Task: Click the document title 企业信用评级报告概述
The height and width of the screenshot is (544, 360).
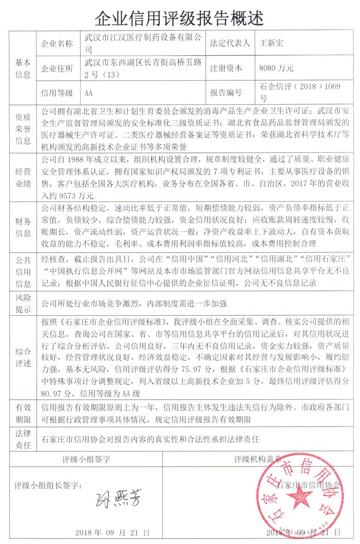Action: click(179, 18)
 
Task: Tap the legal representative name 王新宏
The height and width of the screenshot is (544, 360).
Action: click(271, 43)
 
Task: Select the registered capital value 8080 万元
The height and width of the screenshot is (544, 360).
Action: click(276, 68)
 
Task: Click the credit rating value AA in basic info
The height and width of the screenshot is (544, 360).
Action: click(89, 93)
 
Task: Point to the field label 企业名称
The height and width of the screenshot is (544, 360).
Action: click(57, 44)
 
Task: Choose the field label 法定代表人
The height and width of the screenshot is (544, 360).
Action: click(230, 43)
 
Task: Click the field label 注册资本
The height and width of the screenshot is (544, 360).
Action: click(226, 68)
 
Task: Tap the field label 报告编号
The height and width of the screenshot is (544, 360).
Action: click(226, 92)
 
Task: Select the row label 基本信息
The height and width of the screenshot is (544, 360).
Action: click(23, 68)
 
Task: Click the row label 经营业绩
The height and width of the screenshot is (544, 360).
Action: click(23, 178)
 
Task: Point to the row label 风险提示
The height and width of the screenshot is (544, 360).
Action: click(23, 303)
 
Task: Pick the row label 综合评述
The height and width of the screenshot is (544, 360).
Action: click(23, 357)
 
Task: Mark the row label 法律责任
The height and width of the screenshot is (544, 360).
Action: click(23, 439)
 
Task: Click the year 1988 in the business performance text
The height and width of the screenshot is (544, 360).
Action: click(76, 159)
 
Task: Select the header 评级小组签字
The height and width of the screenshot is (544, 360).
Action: click(86, 459)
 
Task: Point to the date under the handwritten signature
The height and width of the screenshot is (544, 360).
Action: click(112, 533)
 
